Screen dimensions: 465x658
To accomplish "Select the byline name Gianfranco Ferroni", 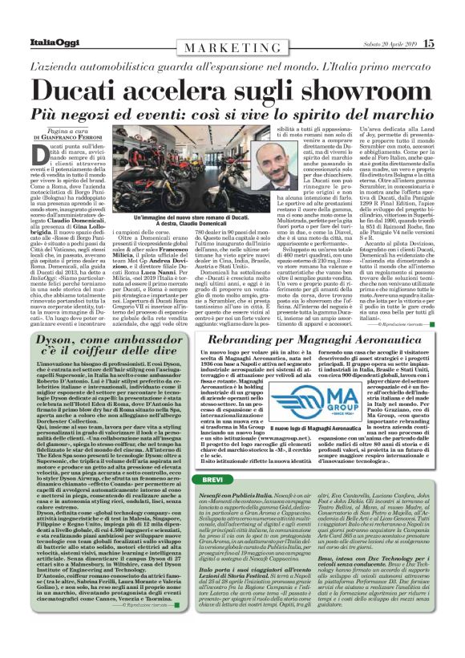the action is pos(81,137).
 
